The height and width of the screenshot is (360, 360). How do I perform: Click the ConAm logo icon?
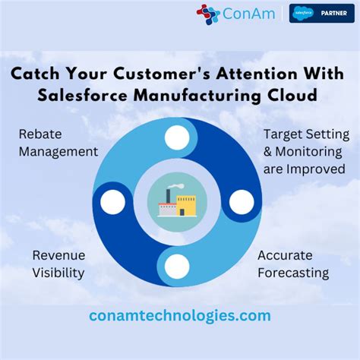click(207, 14)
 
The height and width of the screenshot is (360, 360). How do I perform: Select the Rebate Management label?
click(58, 142)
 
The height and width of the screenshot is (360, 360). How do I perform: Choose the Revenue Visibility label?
click(58, 264)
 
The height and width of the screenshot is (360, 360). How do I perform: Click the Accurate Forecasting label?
click(292, 264)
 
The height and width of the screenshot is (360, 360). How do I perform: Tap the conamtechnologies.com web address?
click(180, 314)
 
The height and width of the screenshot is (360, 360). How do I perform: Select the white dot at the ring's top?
click(177, 137)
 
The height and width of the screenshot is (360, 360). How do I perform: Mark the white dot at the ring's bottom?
click(177, 266)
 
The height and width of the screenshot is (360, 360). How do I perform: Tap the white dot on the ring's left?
click(112, 202)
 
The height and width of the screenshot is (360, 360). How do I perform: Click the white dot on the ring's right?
click(242, 202)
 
